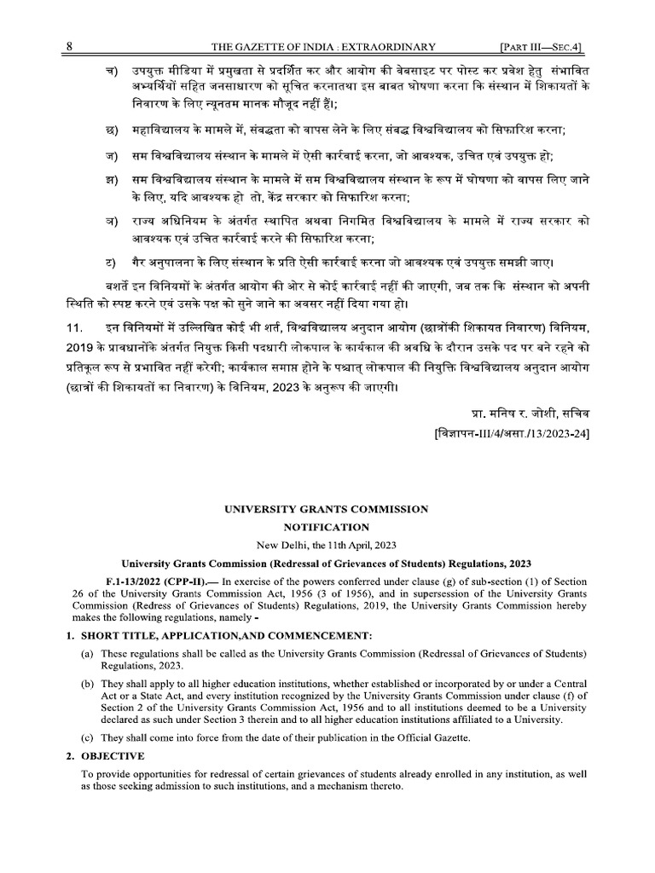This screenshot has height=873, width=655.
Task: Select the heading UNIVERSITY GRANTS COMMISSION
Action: [x=327, y=509]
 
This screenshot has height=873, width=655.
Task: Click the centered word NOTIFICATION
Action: [x=327, y=528]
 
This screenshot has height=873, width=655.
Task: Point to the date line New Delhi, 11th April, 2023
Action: [x=327, y=545]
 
